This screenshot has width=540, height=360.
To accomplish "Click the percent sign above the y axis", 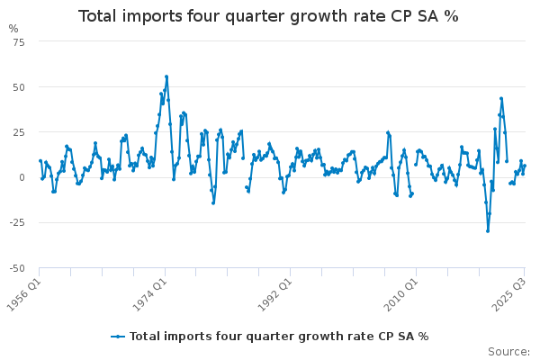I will point(13,29).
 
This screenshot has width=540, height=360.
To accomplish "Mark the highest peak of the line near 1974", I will point(166,76).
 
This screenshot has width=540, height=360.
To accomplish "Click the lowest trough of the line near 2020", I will point(488,230).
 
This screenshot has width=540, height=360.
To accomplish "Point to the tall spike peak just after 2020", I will point(501,98).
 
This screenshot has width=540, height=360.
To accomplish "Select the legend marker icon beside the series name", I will point(118,336).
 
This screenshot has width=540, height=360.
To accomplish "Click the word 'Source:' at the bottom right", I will point(508,351).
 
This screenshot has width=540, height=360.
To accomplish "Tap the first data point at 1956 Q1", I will point(40,161).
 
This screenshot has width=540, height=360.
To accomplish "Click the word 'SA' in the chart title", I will point(424,16).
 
